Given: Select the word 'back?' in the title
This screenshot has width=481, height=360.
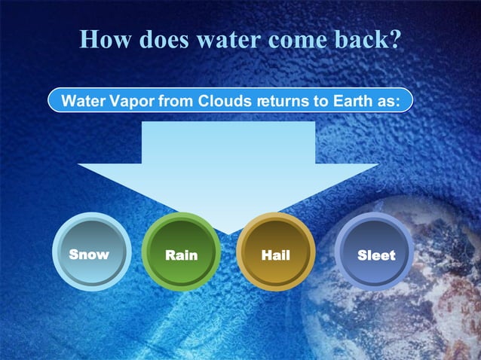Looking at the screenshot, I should pos(368,39).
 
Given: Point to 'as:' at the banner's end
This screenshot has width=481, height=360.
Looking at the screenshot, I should pos(383,100).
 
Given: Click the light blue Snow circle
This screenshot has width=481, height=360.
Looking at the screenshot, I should pos(89,252).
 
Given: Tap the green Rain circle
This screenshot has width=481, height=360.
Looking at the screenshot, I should pos(181,252).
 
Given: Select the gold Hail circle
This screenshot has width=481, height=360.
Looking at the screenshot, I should pos(275,252).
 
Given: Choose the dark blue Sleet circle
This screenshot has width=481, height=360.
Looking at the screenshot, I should pos(375,252).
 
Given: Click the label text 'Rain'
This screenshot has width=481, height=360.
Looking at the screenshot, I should pos(181,255).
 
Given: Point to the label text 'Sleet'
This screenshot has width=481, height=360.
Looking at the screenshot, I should pos(376,255).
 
